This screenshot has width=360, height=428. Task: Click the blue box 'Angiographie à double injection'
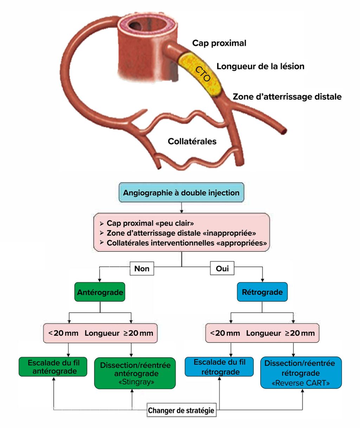tap(181, 193)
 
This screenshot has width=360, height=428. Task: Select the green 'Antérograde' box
tap(100, 292)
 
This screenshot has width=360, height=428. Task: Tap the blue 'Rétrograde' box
tap(262, 292)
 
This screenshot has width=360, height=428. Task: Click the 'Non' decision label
tap(142, 269)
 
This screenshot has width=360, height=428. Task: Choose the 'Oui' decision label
tap(222, 269)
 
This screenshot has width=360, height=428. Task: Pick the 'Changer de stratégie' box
tap(181, 410)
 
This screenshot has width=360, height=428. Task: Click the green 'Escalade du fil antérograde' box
tap(53, 367)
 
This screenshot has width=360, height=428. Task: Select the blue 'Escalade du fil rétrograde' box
tap(219, 367)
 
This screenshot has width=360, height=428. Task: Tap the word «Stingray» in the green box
tap(135, 382)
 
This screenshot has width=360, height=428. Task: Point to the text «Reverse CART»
tap(301, 383)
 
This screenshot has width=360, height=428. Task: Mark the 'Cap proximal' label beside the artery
tap(219, 43)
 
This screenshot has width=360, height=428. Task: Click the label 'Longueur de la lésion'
tap(260, 66)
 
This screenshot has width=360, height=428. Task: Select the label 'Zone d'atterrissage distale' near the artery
tap(287, 97)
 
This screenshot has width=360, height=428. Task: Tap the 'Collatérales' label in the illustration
tap(192, 141)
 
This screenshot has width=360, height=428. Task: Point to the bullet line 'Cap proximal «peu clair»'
tap(150, 223)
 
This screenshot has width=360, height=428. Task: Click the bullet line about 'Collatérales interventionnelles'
tap(186, 243)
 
